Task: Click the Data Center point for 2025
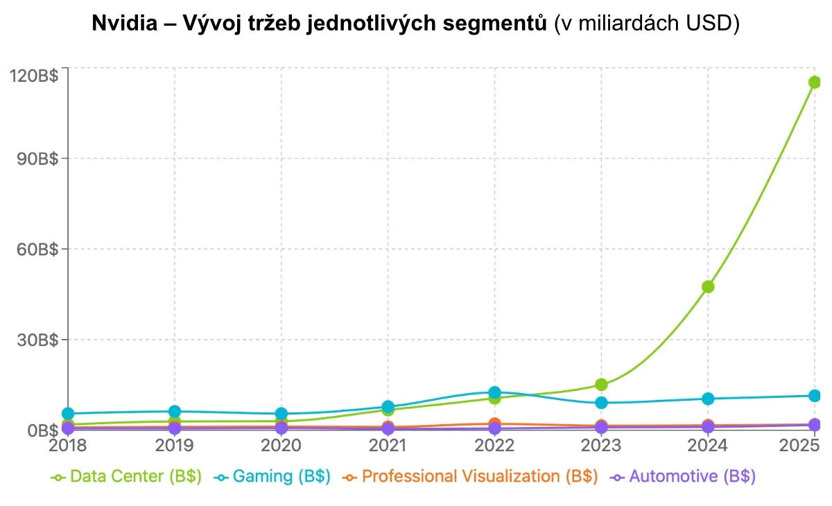pos(815,82)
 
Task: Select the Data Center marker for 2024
pos(708,286)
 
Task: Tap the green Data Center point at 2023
pos(601,385)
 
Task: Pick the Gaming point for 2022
pos(494,393)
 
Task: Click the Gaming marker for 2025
pos(815,396)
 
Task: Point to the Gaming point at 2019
pos(175,412)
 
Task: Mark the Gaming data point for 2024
pos(708,399)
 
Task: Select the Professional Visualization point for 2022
pos(494,424)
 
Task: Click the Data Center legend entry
pos(126,477)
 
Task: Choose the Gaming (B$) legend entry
pos(272,477)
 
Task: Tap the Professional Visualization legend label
pos(471,477)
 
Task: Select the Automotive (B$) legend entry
pos(682,477)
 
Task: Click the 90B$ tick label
pos(36,159)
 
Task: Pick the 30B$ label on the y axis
pos(36,340)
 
